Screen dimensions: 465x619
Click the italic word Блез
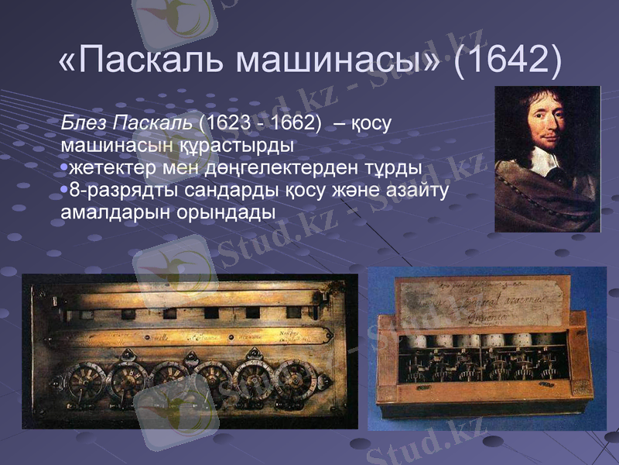85,122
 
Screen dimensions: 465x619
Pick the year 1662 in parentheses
290,122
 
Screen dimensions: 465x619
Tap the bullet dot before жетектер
64,168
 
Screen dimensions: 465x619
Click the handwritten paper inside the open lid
484,302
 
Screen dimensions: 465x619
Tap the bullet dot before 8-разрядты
64,190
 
